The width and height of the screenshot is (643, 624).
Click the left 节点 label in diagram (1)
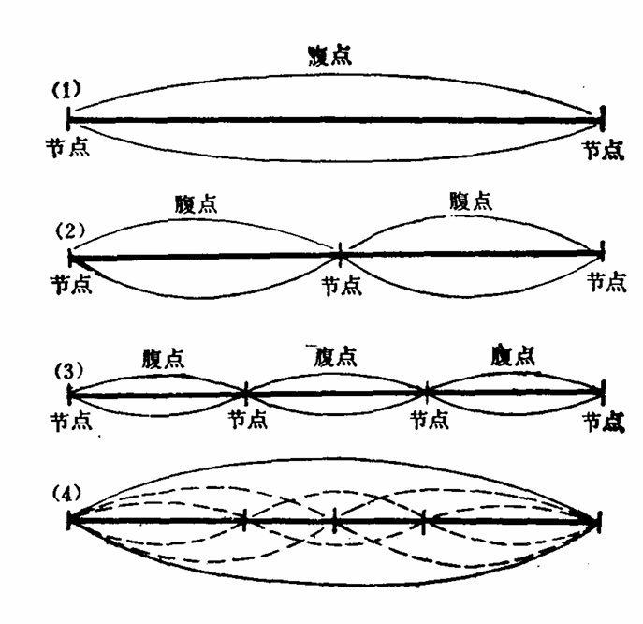pos(66,147)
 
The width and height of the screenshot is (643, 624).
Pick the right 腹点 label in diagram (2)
pos(471,201)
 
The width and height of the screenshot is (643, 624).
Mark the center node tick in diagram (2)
pos(339,252)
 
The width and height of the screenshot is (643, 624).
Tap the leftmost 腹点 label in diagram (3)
pos(164,358)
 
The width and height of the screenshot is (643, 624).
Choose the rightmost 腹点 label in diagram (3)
pos(512,355)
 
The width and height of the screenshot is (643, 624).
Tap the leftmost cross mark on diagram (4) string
pos(244,518)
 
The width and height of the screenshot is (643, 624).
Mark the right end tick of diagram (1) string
pos(600,119)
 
